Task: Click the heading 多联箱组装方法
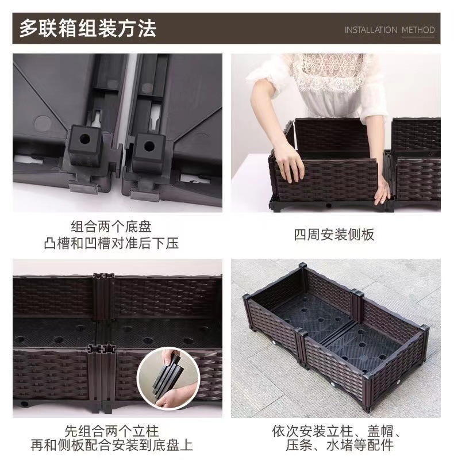[x=88, y=28]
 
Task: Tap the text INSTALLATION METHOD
[x=390, y=30]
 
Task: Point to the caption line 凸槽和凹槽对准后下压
[x=111, y=243]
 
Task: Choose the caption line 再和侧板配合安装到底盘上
[x=111, y=446]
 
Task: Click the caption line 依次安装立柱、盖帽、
[x=336, y=431]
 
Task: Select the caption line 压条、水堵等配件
[x=336, y=446]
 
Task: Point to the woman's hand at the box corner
[x=383, y=193]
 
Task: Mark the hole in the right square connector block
[x=149, y=145]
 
